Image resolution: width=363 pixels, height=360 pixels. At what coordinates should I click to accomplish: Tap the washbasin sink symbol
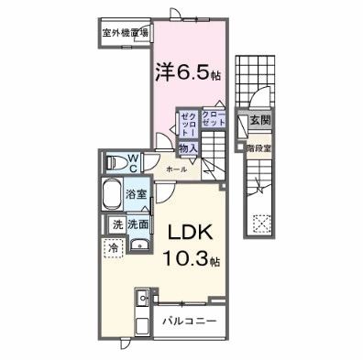[x=137, y=242]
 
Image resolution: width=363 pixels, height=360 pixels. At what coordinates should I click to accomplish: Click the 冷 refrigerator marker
[x=115, y=247]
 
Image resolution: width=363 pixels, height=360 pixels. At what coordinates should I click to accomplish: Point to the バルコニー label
[x=191, y=322]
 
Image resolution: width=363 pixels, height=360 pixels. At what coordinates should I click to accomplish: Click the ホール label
[x=177, y=169]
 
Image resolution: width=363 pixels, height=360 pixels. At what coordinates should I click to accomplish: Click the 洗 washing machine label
[x=117, y=224]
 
